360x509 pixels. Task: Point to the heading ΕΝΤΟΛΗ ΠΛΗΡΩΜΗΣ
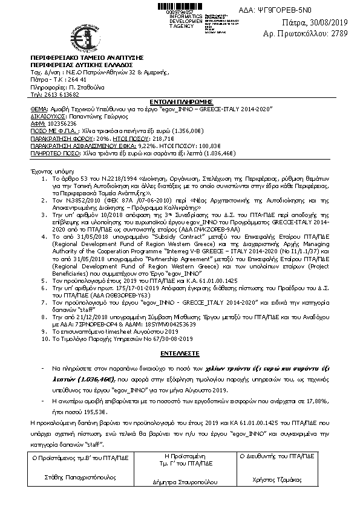tap(180, 103)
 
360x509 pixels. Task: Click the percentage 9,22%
tap(148, 146)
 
